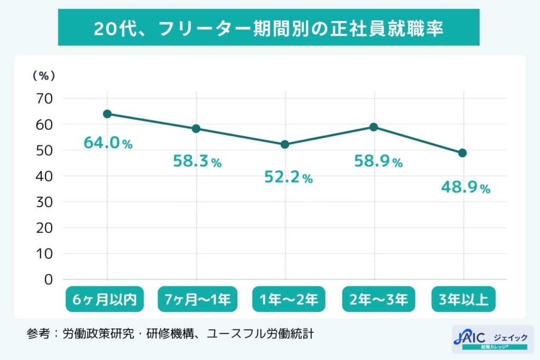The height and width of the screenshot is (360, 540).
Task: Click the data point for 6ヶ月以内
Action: [107, 114]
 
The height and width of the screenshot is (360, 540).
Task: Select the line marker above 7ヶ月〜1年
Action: [196, 129]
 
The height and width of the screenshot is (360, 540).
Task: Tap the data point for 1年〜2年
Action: [285, 144]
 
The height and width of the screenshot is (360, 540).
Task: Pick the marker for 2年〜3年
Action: [374, 127]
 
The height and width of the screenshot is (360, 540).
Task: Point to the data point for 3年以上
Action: [462, 153]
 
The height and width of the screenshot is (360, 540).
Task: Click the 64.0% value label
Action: [108, 143]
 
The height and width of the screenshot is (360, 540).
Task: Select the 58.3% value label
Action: [197, 161]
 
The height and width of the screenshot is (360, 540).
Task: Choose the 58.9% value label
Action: [378, 161]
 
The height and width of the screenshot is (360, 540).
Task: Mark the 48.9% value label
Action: [466, 188]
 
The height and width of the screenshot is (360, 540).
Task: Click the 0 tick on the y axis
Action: [49, 279]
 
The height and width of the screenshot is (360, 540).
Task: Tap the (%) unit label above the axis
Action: [44, 76]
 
